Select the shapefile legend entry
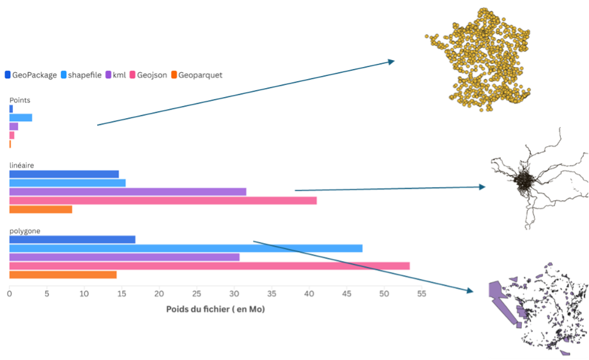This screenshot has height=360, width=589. coord(84,75)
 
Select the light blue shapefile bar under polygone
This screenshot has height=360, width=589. coord(186,248)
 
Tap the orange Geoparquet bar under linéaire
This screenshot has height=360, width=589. coord(41,209)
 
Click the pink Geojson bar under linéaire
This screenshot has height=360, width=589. coord(163,200)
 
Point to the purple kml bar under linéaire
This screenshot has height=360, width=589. coord(128,191)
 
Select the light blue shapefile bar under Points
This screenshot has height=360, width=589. coord(20,117)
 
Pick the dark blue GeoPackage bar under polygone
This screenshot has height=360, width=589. coord(72,239)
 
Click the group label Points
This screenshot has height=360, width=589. coord(20,100)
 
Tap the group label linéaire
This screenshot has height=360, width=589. coord(22,165)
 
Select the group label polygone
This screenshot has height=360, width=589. coord(24,230)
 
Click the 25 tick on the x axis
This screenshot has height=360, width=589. coord(197,294)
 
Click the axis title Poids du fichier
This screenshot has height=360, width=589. coord(215,310)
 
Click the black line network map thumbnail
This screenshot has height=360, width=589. coord(538,179)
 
